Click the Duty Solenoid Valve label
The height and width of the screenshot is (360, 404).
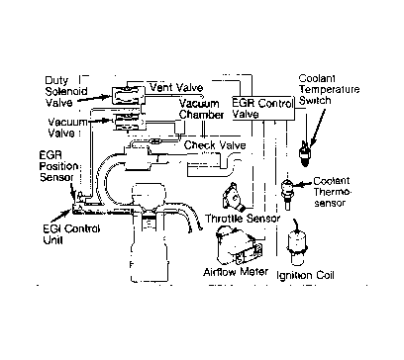point(66,91)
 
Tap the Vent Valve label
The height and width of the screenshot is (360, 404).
point(176,87)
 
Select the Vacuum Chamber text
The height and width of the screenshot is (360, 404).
point(201,109)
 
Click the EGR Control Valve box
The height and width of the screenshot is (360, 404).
point(263,108)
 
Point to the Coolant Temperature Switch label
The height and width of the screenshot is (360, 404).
point(329,89)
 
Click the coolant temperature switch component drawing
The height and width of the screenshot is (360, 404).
point(304,152)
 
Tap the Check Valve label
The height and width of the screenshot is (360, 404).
point(215,145)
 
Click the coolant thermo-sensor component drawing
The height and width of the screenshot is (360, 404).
point(287,193)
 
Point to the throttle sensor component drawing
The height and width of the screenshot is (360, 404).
point(235,199)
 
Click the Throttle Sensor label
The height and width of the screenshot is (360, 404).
point(243,219)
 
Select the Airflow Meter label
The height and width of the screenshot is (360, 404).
point(236,272)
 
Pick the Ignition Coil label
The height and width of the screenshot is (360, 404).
point(305,275)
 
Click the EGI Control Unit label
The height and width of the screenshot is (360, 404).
point(71,234)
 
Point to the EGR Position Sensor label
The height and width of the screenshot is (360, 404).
point(58,166)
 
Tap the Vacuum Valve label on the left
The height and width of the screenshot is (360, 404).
point(67,128)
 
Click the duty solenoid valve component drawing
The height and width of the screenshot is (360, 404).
point(128,95)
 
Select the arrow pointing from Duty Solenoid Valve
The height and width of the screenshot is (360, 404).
point(95,99)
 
